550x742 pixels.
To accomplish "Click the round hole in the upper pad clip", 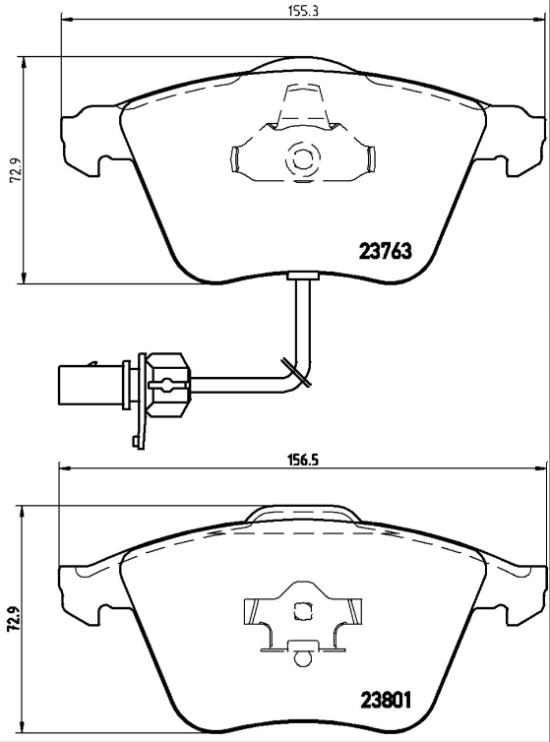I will pos(300,157).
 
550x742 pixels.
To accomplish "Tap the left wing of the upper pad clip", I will pos(238,158).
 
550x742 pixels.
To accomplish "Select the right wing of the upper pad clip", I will pos(366,158).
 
